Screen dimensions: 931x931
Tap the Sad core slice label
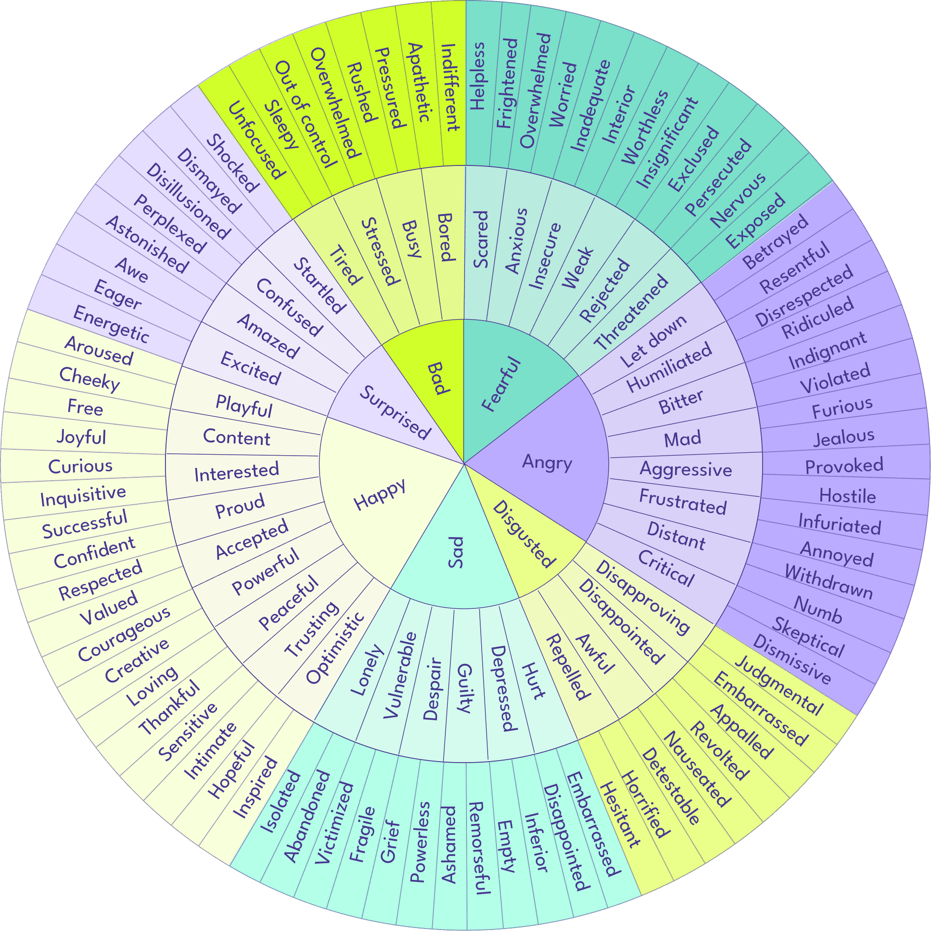coord(456,552)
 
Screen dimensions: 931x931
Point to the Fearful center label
coord(501,384)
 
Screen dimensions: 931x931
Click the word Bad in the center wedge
coord(437,379)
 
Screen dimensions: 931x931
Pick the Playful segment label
coord(244,406)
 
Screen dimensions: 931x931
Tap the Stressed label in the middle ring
coord(379,251)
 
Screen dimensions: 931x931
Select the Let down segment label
coord(653,341)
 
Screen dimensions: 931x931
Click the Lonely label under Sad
coord(367,670)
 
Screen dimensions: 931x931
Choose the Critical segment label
coord(666,568)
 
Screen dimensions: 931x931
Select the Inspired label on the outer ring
coord(255,787)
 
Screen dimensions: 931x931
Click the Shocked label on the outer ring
coord(232,163)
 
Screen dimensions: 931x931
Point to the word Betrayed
coord(775,242)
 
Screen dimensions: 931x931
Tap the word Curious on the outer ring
coord(81,466)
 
